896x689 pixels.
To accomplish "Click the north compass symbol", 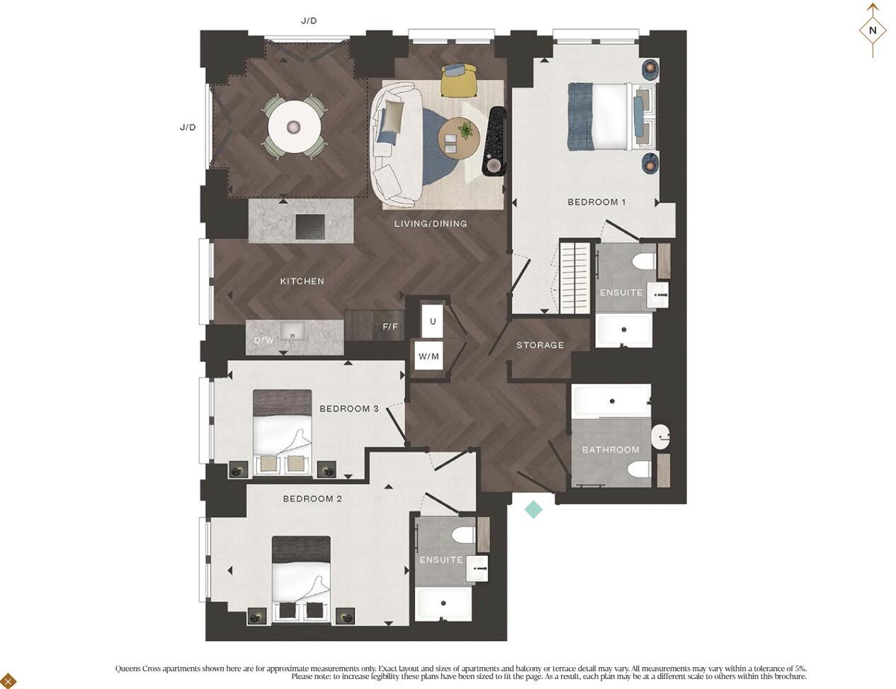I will pos(873,30).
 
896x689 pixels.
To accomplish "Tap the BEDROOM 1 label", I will pos(596,202).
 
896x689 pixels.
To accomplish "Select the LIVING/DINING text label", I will pos(431,224).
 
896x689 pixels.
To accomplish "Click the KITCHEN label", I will pos(302,281).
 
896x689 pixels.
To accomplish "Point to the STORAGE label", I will pos(540,345).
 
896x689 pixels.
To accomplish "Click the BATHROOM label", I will pos(611,450).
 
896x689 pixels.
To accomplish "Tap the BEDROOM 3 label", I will pos(348,409).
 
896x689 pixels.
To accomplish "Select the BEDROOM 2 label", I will pos(312,499).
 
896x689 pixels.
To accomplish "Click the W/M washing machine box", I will pos(429,356).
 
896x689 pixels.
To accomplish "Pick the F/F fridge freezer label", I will pos(390,326).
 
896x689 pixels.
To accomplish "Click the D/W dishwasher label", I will pos(263,341).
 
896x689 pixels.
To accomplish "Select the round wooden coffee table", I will pos(459,137).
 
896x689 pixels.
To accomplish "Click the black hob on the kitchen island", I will pos(310,227).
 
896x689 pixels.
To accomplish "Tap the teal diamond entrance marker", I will pos(533,509).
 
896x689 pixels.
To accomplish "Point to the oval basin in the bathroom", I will pos(660,437).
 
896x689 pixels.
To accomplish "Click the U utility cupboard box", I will pos(433,321).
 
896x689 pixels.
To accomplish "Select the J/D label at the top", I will pos(309,21).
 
